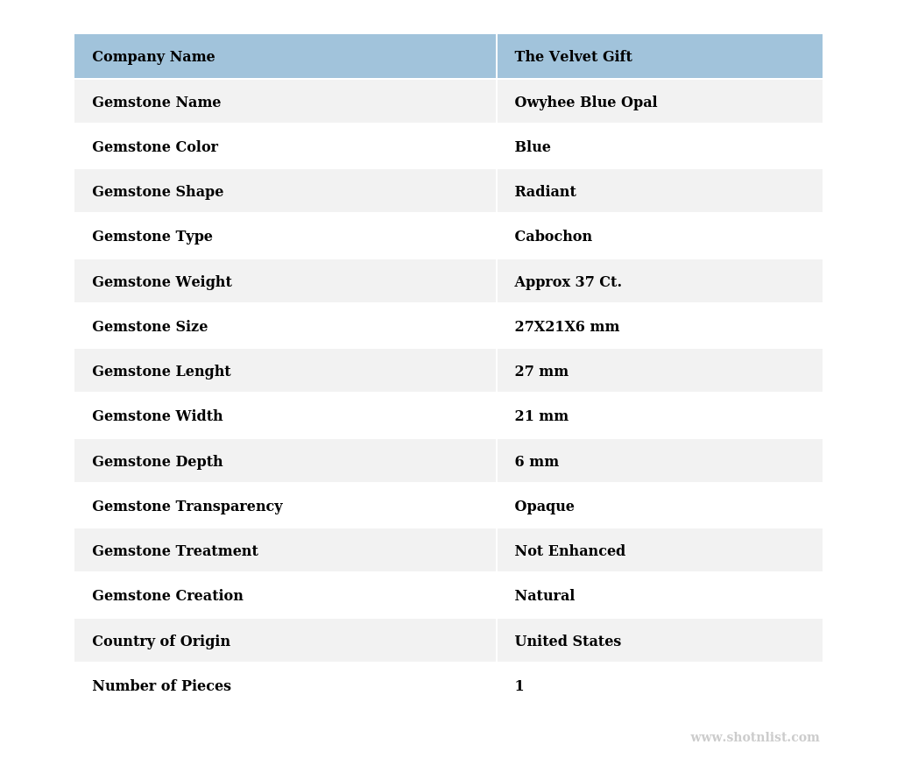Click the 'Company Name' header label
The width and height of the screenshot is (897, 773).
153,57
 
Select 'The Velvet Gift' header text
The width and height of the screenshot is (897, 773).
573,57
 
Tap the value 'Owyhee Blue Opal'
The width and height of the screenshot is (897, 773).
585,103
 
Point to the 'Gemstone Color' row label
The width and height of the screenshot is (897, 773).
155,147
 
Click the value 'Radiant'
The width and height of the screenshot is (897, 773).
545,192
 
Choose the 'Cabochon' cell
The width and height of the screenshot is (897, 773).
553,237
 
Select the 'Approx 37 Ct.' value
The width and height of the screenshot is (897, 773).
568,282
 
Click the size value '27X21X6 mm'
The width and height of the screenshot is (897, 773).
567,327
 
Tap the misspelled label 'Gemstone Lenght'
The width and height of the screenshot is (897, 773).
161,372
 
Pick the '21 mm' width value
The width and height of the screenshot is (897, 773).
541,416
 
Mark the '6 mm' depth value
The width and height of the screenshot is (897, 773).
536,462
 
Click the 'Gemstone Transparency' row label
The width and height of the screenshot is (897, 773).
187,507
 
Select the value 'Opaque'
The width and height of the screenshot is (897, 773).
544,507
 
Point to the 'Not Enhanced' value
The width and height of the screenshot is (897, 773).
569,551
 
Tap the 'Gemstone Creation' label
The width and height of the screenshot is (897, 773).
167,596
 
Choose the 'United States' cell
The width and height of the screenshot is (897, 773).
568,642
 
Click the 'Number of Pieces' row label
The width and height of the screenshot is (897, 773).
161,686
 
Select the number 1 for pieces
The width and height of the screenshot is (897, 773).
519,686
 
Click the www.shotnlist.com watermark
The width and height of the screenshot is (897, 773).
754,738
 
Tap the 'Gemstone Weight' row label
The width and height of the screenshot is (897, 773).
162,282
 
